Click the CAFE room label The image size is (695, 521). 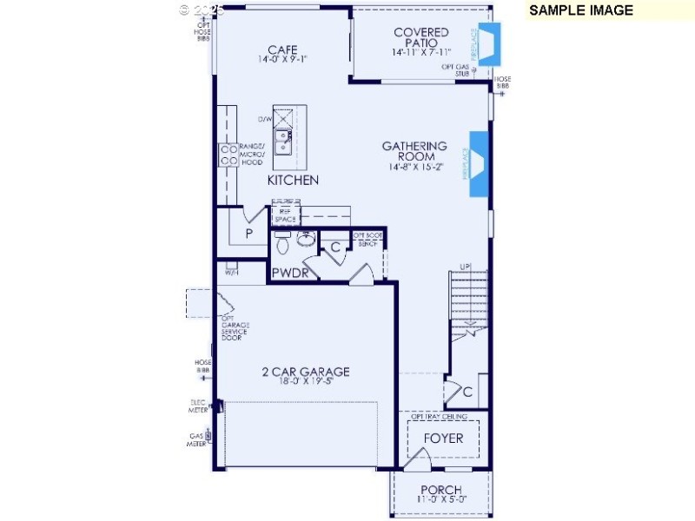pos(282,49)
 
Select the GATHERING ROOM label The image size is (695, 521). pos(414,152)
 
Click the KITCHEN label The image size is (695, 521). pos(293,181)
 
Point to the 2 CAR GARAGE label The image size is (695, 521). pos(306,372)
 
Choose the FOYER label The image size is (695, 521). pos(443,438)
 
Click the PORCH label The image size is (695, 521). pos(441,490)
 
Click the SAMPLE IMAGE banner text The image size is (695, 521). pos(581,10)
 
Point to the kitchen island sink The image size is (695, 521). pos(283,137)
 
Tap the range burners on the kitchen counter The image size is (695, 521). pos(229,155)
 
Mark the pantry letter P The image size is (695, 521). pos(248,234)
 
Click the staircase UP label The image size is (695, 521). pos(465,267)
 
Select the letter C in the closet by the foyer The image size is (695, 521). pos(467,392)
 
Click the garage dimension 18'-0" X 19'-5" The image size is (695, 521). pos(306,381)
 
